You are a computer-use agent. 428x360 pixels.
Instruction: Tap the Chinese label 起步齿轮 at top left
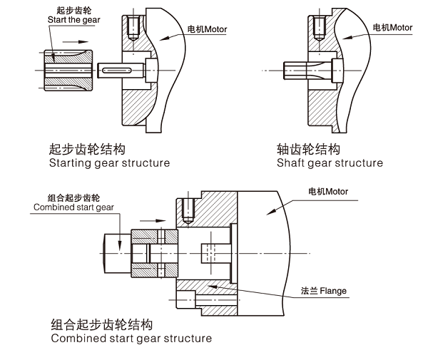point(73,11)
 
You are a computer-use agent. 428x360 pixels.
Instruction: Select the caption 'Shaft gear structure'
point(330,163)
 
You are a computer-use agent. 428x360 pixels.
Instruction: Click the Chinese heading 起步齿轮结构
point(88,149)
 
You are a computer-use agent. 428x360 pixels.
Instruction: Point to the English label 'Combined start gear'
point(73,207)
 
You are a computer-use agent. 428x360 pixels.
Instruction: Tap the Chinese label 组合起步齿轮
point(73,197)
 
